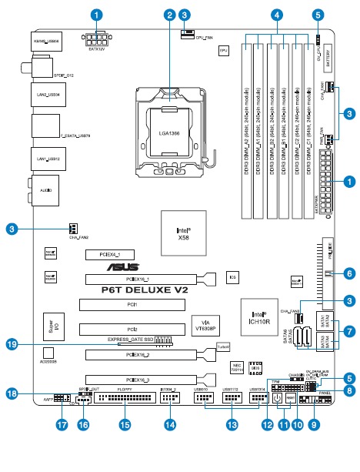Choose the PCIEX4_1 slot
tap(109, 253)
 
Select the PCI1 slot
tap(132, 305)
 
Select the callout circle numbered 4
tap(275, 15)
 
